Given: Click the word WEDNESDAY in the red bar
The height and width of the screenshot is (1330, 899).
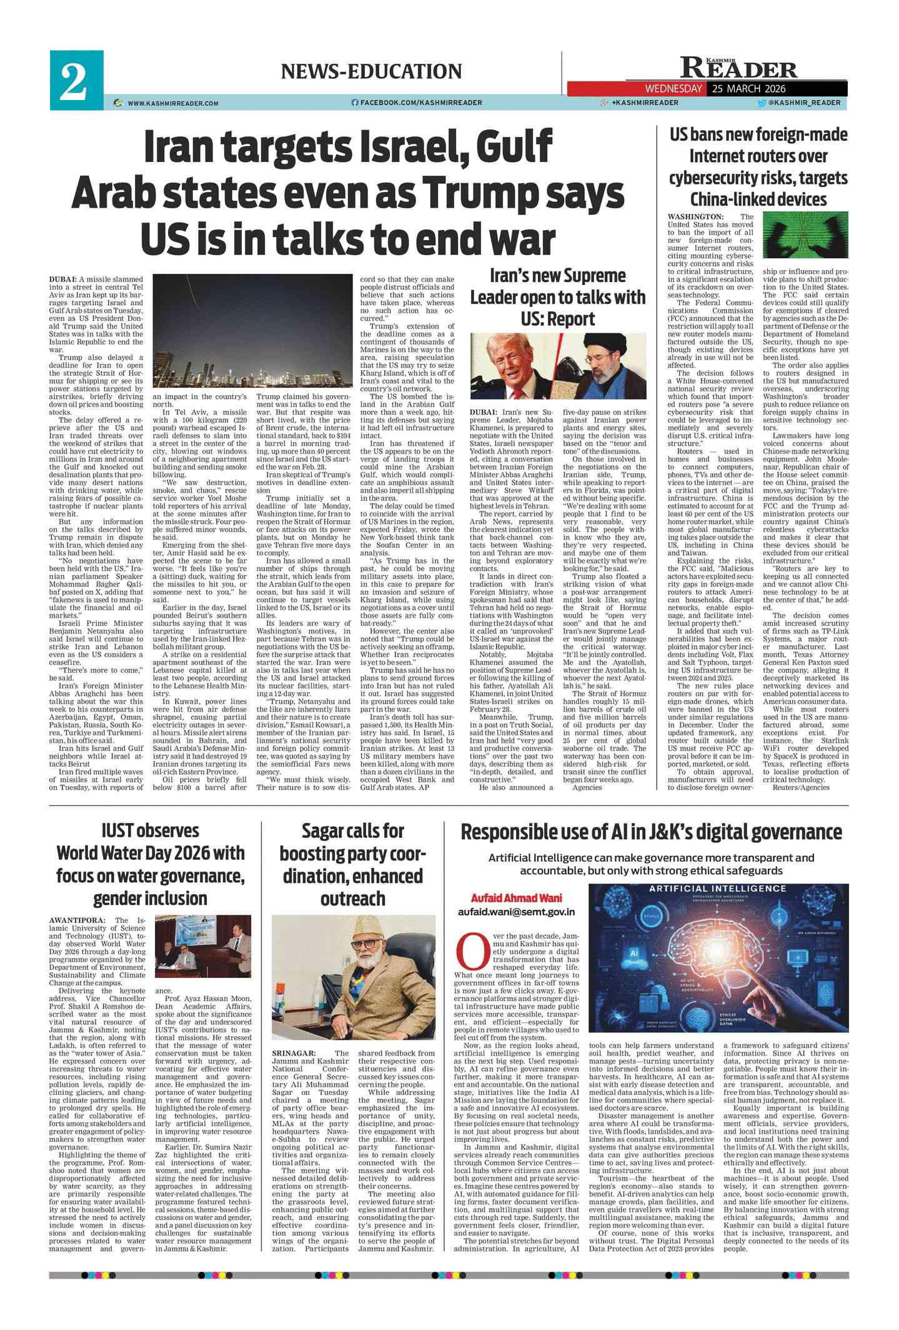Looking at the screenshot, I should point(673,89).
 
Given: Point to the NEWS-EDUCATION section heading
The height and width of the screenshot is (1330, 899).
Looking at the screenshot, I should point(371,71).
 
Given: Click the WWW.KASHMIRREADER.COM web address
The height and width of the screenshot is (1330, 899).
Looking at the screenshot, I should point(173,103).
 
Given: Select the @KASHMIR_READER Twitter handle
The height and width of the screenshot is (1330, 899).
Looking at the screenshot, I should point(803,103).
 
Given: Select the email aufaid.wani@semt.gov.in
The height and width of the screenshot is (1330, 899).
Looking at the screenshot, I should point(516,912).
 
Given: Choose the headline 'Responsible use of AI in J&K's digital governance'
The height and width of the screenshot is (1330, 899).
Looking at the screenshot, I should point(650,832).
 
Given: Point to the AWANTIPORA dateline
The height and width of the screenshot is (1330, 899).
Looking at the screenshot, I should point(77,920).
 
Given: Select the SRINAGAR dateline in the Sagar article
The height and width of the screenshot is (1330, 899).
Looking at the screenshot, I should point(294,1054).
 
